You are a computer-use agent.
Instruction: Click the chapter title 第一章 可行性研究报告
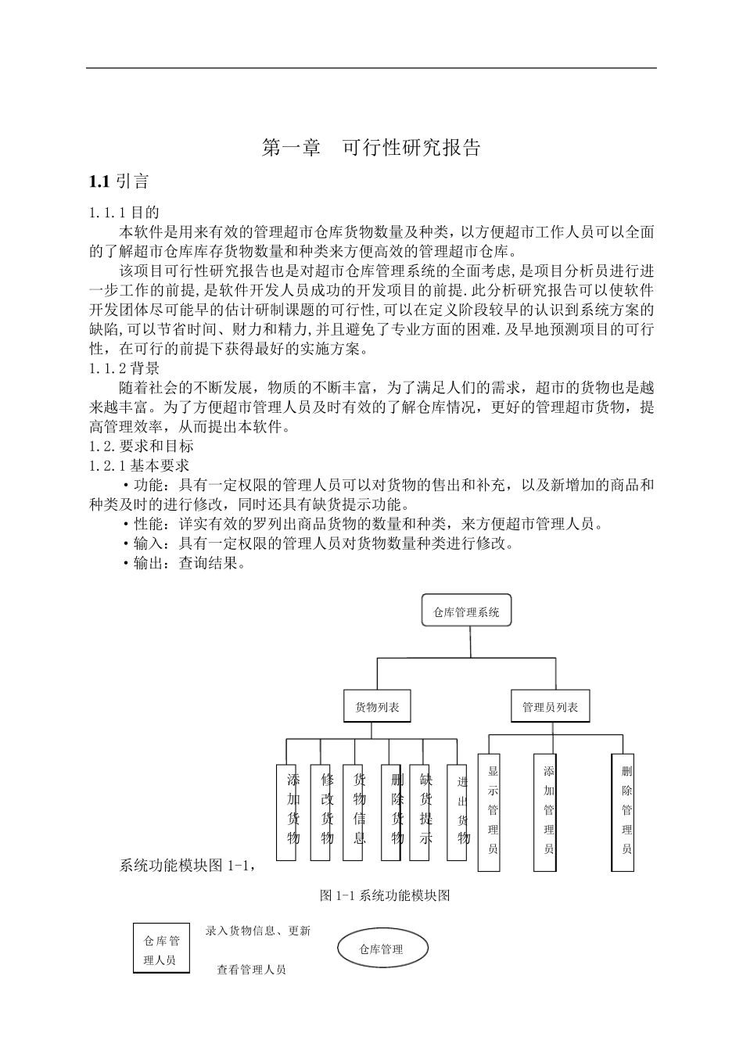(x=371, y=148)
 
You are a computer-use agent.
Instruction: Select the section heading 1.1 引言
(x=119, y=182)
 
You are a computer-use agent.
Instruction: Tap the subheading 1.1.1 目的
(x=124, y=212)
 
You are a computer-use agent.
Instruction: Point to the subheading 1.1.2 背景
(x=124, y=368)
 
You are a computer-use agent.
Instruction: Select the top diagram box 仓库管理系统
(x=467, y=612)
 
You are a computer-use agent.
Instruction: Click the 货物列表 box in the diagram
(x=378, y=707)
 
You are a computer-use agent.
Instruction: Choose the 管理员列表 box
(x=551, y=707)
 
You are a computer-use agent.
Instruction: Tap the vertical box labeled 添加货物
(x=286, y=812)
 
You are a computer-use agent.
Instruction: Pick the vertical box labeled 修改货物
(x=321, y=812)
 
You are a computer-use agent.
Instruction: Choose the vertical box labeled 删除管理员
(x=623, y=812)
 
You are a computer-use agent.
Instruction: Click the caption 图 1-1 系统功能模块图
(x=385, y=896)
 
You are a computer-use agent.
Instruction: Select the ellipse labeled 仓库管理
(x=383, y=949)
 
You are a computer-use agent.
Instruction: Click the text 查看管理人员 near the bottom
(x=251, y=970)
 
